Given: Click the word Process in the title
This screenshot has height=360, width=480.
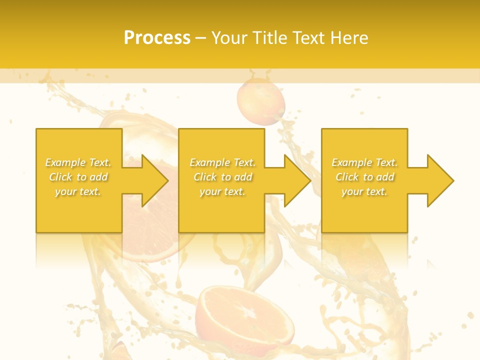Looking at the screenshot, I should [x=157, y=38].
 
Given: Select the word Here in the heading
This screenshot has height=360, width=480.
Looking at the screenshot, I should [x=349, y=38].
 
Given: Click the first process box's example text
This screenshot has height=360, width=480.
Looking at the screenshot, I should [x=78, y=177].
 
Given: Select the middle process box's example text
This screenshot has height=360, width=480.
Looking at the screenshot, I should [x=222, y=177].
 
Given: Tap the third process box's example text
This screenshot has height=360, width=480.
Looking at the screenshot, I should [x=364, y=177].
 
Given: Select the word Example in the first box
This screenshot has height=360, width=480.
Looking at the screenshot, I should [x=65, y=162].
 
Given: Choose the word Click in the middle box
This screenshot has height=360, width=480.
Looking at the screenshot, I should [x=204, y=177].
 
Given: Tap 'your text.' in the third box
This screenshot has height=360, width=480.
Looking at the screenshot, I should [x=364, y=191].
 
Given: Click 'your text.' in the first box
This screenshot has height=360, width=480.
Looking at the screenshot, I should [x=78, y=191].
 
